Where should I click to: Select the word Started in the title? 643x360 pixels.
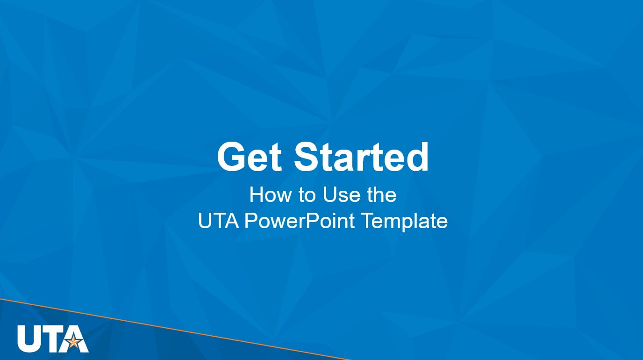point(361,157)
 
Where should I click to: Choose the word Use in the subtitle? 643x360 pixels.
point(339,195)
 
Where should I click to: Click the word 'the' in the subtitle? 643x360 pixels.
point(381,195)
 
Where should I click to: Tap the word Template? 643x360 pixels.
point(405,221)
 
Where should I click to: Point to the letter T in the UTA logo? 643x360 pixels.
point(51,338)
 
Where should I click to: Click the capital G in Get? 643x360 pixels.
point(230,157)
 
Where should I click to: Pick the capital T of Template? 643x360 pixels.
point(368,221)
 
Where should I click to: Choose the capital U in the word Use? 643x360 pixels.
point(329,195)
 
